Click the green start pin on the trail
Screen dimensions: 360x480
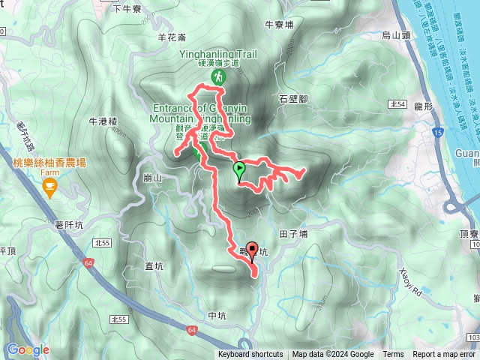(x=239, y=169)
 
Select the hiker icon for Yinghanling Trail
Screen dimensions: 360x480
(x=218, y=77)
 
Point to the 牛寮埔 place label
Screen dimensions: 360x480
(x=279, y=23)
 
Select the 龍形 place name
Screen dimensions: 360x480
(x=424, y=106)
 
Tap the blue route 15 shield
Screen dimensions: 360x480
(x=436, y=133)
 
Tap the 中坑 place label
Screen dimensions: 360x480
(x=217, y=315)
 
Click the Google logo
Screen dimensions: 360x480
(x=28, y=349)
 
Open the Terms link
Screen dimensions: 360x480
(x=393, y=355)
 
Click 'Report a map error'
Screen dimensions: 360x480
(x=444, y=355)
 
